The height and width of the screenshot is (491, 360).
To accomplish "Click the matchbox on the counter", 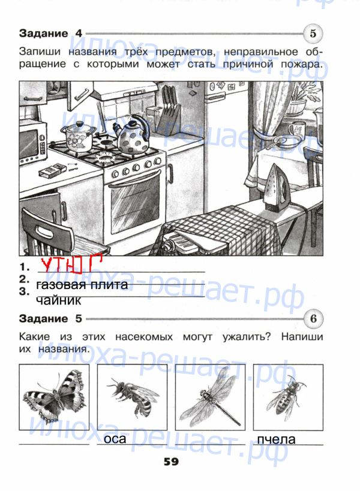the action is point(52,171).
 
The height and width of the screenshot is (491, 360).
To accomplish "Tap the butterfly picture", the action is point(54,396).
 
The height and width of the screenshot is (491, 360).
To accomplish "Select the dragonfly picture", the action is point(210,396).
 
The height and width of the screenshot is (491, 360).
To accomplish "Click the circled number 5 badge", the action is point(313,34).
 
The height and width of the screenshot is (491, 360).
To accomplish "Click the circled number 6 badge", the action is point(313,319).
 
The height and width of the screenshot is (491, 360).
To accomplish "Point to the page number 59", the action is point(171,462).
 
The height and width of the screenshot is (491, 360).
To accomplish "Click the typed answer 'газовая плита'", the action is point(82,285).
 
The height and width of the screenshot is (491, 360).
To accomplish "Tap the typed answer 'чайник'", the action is point(59,300).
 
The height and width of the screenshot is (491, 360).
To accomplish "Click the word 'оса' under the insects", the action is point(115,439).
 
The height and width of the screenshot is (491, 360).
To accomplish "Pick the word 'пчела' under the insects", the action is point(277,439).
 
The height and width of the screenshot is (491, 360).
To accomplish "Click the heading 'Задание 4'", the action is point(50,34).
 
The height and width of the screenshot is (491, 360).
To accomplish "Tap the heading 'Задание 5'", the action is point(50,319).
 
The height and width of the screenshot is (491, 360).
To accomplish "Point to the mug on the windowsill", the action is point(295,129).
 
